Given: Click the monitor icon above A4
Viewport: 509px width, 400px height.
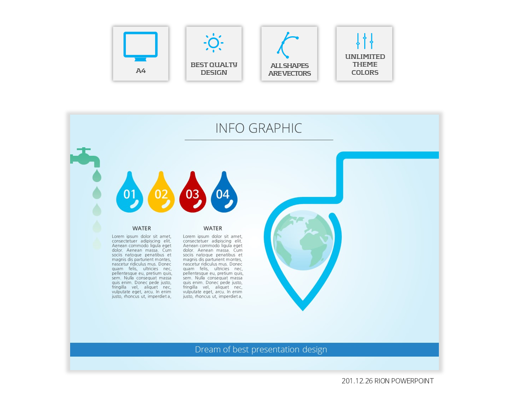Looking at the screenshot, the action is [141, 46].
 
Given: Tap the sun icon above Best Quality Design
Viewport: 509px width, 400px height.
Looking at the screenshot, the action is [214, 43].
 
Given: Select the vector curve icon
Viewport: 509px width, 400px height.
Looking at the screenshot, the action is [287, 45].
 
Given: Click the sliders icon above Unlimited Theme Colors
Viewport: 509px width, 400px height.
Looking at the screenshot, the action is [365, 41].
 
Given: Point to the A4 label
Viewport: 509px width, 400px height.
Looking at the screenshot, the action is [141, 71].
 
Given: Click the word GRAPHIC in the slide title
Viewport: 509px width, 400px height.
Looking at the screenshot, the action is [275, 128].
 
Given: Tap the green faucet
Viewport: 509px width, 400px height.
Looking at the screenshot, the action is [85, 157].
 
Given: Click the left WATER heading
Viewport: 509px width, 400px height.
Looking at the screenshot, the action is [142, 228].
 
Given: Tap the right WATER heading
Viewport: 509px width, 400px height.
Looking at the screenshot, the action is [213, 228].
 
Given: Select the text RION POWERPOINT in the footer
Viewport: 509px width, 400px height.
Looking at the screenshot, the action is [404, 381].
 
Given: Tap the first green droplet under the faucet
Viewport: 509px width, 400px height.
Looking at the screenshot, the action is [97, 176].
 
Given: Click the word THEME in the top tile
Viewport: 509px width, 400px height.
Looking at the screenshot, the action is [365, 64].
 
